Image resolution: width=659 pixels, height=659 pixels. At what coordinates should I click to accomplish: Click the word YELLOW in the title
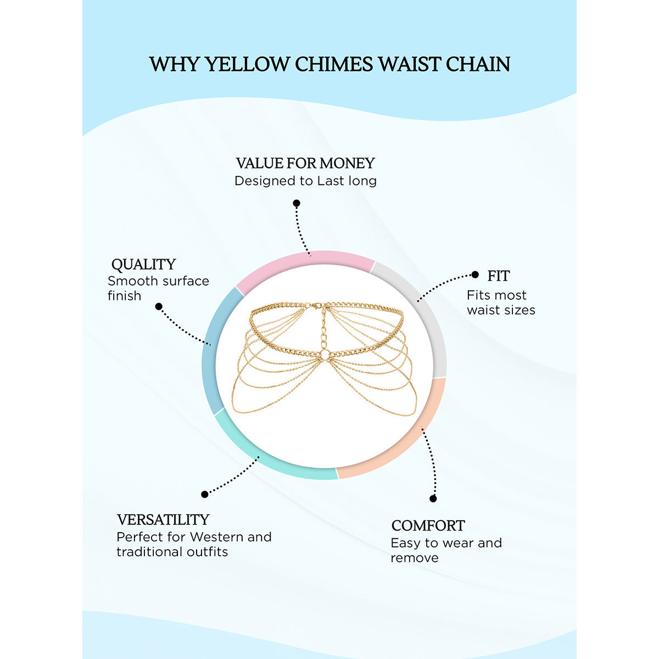(247, 64)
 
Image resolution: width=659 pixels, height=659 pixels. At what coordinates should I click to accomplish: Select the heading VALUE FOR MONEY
(305, 163)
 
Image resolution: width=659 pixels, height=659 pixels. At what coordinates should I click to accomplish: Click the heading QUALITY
(143, 264)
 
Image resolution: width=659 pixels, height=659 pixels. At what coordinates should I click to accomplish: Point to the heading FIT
(499, 276)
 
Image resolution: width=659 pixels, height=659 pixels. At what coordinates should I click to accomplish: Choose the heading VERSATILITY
(163, 520)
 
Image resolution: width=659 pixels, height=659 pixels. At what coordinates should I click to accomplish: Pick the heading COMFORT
(428, 526)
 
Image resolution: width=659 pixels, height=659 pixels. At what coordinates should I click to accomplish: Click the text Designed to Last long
(305, 181)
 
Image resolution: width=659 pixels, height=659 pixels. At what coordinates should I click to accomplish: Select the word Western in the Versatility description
(216, 537)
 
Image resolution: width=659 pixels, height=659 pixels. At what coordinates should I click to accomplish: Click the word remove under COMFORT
(415, 558)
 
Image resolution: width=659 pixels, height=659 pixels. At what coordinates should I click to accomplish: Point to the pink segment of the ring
(305, 260)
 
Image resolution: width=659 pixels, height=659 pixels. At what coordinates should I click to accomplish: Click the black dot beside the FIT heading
(476, 275)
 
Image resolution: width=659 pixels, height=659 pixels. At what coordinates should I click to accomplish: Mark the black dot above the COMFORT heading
(433, 499)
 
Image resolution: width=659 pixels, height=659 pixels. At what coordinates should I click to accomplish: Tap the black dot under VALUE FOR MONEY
(297, 203)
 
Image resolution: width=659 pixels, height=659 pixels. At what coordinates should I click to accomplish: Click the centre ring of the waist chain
(325, 355)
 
